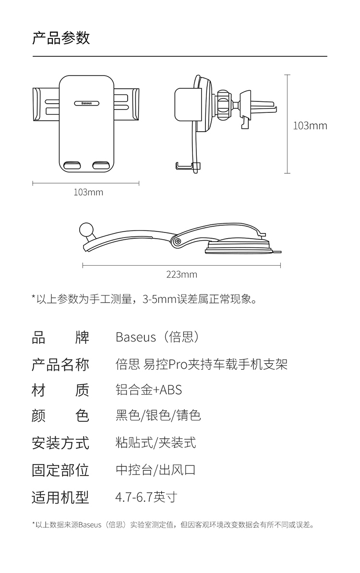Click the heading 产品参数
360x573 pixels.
coord(61,37)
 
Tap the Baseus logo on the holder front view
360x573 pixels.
coord(86,103)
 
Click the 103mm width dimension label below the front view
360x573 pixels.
coord(88,192)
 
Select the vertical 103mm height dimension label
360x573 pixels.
coord(310,126)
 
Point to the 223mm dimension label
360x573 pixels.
coord(181,274)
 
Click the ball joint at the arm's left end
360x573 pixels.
coord(86,230)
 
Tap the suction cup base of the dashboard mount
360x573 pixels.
coord(239,248)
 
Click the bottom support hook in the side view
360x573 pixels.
coord(187,166)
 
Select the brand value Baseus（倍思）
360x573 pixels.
coord(158,337)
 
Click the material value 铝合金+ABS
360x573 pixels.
coord(149,390)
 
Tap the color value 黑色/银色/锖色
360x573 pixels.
coord(158,415)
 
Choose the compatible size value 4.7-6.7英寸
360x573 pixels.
coord(146,497)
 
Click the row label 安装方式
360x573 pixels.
coord(60,443)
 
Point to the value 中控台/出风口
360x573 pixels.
coord(156,470)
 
